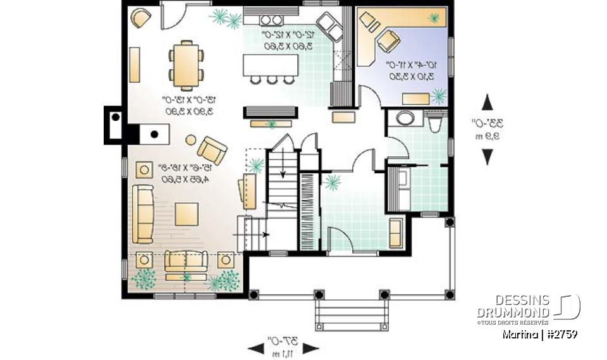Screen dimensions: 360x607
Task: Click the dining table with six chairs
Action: coord(187,64)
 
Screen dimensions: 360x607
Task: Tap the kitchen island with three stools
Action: coord(271,65)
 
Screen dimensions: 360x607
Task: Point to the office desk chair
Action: coord(388,42)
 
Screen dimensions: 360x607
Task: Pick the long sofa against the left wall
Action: coord(143,214)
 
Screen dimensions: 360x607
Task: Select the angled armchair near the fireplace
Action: coord(212,151)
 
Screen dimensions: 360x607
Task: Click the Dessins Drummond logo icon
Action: coord(568,307)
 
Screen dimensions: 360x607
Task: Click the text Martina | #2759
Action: coord(539,333)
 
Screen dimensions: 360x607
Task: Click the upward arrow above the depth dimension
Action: coord(487,102)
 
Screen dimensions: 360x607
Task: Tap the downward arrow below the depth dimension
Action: coord(487,156)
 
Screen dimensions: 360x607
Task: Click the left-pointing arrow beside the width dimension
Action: coord(255,347)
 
